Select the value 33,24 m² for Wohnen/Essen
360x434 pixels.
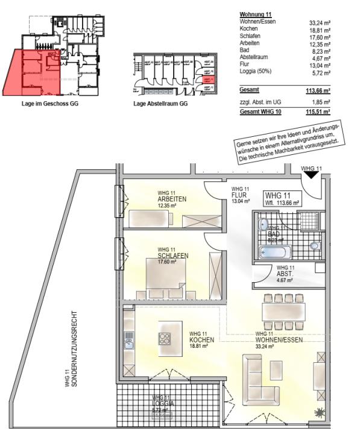pos(320,22)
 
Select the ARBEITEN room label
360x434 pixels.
pos(172,199)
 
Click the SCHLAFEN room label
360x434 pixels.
pos(172,256)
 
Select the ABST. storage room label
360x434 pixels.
pos(285,273)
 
